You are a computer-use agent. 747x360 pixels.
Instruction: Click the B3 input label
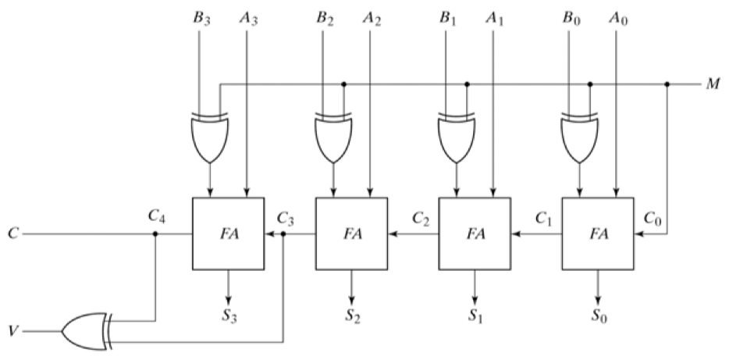[201, 19]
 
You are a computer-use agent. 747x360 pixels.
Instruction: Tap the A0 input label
[618, 19]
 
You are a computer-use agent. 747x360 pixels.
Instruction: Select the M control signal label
[713, 84]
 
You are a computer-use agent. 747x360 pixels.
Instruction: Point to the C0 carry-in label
[653, 218]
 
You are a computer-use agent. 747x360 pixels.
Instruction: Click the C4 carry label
[157, 216]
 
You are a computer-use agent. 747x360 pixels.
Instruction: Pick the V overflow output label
[14, 331]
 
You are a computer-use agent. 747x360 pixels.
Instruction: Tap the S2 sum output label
[353, 316]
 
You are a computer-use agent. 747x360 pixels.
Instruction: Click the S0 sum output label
[599, 316]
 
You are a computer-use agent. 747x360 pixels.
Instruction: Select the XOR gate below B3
[210, 137]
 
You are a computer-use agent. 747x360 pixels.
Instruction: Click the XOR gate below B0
[580, 137]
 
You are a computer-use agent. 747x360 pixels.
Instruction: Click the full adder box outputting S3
[228, 233]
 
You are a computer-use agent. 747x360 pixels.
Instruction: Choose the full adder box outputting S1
[475, 233]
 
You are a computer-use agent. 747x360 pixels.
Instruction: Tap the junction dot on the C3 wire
[283, 234]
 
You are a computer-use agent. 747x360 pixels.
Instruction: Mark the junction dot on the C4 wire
[155, 234]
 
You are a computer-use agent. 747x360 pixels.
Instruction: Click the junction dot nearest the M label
[667, 84]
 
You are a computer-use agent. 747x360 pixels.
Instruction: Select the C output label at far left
[14, 233]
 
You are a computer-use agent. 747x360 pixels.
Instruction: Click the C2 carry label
[422, 218]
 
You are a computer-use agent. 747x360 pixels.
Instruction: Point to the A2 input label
[372, 19]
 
